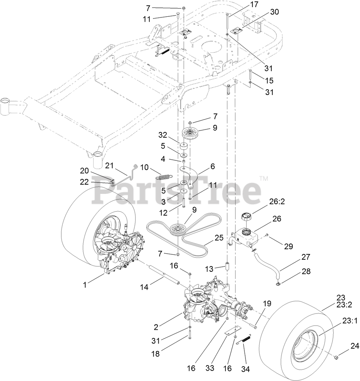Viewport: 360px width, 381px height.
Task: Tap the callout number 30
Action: [x=274, y=12]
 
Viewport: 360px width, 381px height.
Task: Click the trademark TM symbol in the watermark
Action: [x=264, y=178]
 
